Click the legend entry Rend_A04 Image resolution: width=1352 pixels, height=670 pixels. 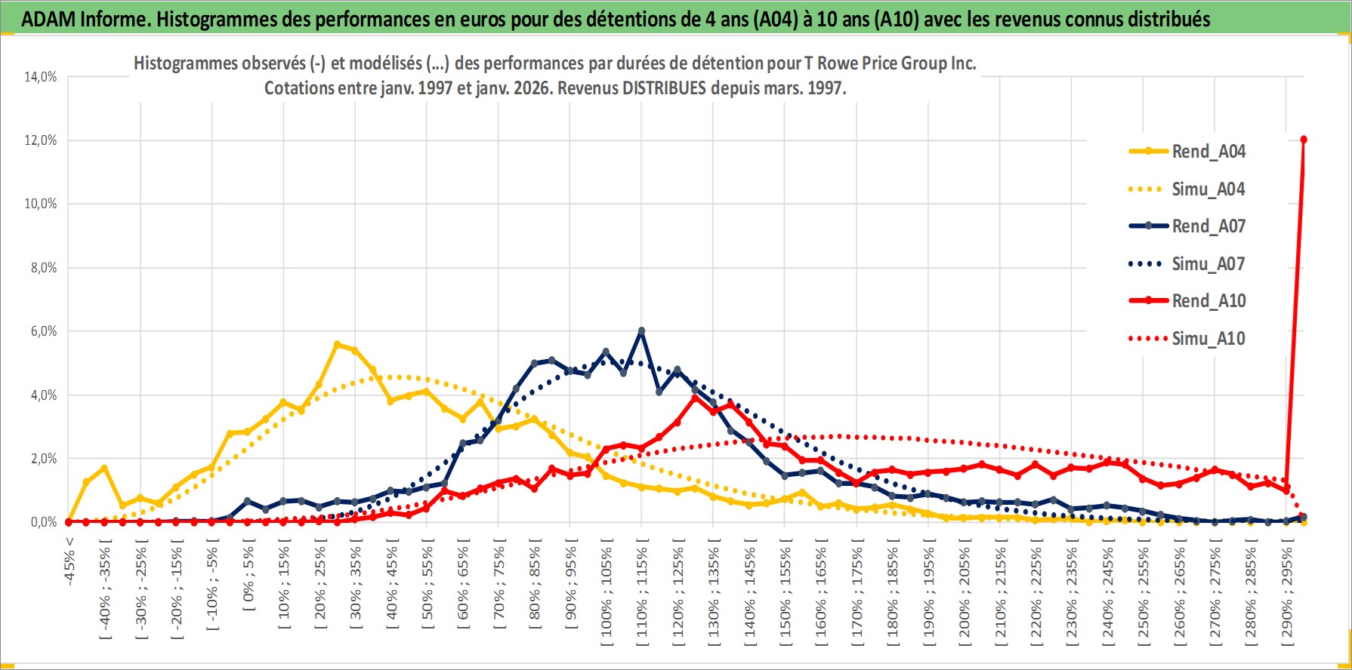coord(1208,152)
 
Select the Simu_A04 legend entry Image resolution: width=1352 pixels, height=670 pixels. coord(1208,189)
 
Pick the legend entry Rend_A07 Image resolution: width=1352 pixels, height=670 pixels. coord(1208,226)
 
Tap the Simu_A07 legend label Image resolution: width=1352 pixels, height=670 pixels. coord(1208,264)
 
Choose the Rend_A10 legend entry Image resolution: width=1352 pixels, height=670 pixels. coord(1208,301)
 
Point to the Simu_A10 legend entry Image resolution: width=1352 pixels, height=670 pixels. coord(1208,339)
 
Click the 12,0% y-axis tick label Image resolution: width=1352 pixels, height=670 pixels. coord(42,140)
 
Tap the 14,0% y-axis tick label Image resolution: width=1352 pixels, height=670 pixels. coord(42,77)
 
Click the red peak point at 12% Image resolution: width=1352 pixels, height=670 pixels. coord(1304,140)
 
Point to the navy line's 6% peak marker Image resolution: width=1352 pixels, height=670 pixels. coord(641,330)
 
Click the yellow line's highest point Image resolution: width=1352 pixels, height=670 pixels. coord(337,344)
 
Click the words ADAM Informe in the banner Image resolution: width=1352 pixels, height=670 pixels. coord(84,20)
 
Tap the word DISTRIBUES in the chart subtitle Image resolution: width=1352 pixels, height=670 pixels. coord(664,88)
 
